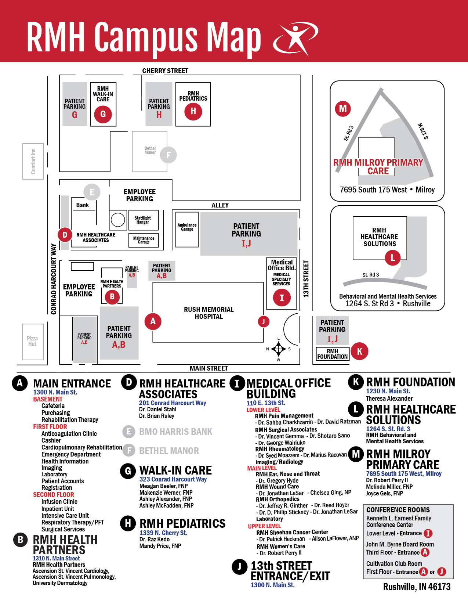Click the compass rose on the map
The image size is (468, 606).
pos(278,349)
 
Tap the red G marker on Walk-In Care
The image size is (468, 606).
pos(103,114)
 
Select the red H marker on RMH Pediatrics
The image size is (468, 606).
pos(193,111)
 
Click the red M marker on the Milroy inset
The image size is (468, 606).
pos(343,109)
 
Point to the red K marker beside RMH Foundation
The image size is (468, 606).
pos(359,351)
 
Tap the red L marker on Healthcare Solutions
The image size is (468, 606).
pos(392,257)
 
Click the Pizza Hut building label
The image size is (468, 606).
pos(32,341)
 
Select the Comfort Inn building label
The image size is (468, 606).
pos(33,161)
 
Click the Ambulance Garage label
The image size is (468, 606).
pos(187,227)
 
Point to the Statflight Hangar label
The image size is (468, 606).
pos(143,220)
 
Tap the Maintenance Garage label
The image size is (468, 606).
pos(144,240)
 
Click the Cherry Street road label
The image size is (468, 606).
pos(165,71)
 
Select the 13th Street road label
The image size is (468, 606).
pos(306,279)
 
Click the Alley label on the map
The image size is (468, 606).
pos(220,205)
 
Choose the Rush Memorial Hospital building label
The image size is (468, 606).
pos(208,313)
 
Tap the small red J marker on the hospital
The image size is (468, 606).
pos(263,321)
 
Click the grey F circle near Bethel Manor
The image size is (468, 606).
pos(168,155)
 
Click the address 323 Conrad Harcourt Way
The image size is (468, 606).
pos(173,479)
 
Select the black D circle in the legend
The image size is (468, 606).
pos(129,382)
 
